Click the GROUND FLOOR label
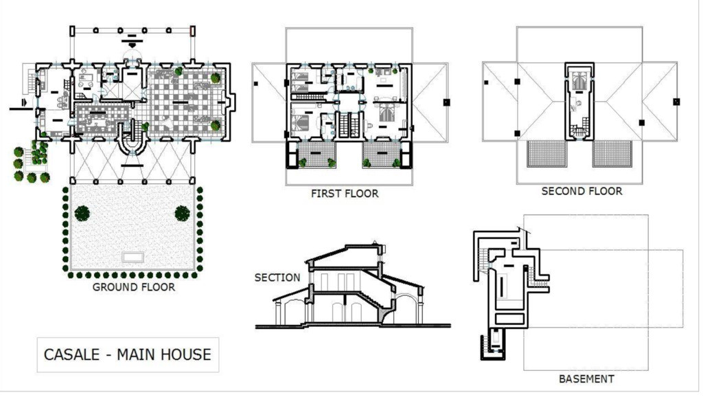(134, 287)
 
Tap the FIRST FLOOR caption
(345, 194)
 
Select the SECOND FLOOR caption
(581, 192)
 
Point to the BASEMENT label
(586, 379)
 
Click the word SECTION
(277, 277)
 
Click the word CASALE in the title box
(71, 355)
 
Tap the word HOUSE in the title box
(186, 355)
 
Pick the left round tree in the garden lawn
(82, 214)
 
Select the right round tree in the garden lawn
(182, 214)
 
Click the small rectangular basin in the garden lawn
(133, 257)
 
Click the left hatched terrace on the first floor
(317, 155)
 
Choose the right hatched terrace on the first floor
(382, 155)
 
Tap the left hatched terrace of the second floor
(546, 154)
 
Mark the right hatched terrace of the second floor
(612, 154)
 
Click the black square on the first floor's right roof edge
(446, 102)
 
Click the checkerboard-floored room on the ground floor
(185, 102)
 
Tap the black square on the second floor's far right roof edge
(676, 102)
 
